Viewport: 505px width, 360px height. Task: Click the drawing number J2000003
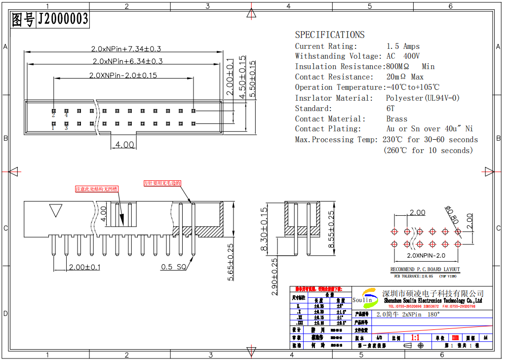[x=63, y=19]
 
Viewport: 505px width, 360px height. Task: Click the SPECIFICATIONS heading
[x=330, y=35]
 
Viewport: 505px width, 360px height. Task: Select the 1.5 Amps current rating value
[x=403, y=46]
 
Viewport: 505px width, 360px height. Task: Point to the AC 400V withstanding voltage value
[x=403, y=56]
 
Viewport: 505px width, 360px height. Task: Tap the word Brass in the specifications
[x=396, y=119]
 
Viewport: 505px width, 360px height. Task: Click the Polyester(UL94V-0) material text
[x=423, y=98]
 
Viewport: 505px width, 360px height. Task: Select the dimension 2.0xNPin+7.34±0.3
[x=126, y=49]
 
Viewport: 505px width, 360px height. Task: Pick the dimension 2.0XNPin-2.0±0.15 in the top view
[x=123, y=76]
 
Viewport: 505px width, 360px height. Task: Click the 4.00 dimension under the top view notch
[x=124, y=145]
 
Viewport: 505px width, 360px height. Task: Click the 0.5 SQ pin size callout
[x=174, y=267]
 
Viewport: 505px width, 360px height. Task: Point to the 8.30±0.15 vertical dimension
[x=264, y=230]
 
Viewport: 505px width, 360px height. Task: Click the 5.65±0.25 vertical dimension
[x=231, y=262]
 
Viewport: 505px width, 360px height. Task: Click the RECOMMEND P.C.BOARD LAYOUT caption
[x=425, y=269]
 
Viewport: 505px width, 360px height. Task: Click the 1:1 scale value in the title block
[x=415, y=338]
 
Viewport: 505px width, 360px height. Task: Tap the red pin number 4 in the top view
[x=66, y=115]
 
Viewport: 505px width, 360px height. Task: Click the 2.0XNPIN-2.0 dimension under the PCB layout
[x=426, y=256]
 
